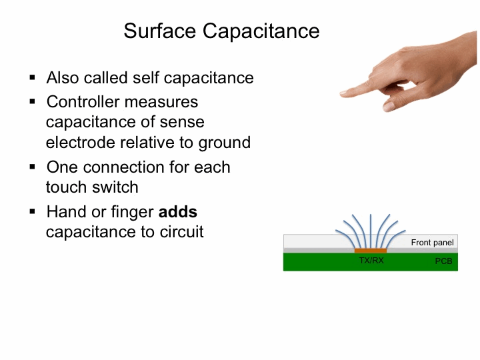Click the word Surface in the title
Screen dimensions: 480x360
click(x=159, y=31)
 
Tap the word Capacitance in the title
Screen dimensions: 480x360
click(x=261, y=31)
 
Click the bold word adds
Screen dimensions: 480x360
click(x=178, y=212)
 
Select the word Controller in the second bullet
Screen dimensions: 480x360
click(x=83, y=101)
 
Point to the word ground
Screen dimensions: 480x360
click(x=225, y=143)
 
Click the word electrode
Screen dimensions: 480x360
click(x=81, y=143)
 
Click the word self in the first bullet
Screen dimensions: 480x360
click(x=146, y=77)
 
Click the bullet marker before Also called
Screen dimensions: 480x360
click(x=33, y=77)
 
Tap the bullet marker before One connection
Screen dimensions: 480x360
click(x=33, y=167)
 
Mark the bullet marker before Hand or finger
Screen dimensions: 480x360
click(x=33, y=211)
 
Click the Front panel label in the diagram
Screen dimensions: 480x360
click(x=432, y=243)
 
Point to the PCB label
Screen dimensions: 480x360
click(x=443, y=261)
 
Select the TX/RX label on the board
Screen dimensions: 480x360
click(x=371, y=260)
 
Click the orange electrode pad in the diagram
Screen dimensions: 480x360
click(x=371, y=251)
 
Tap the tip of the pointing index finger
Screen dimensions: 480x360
click(x=341, y=94)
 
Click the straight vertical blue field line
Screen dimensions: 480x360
click(x=371, y=231)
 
